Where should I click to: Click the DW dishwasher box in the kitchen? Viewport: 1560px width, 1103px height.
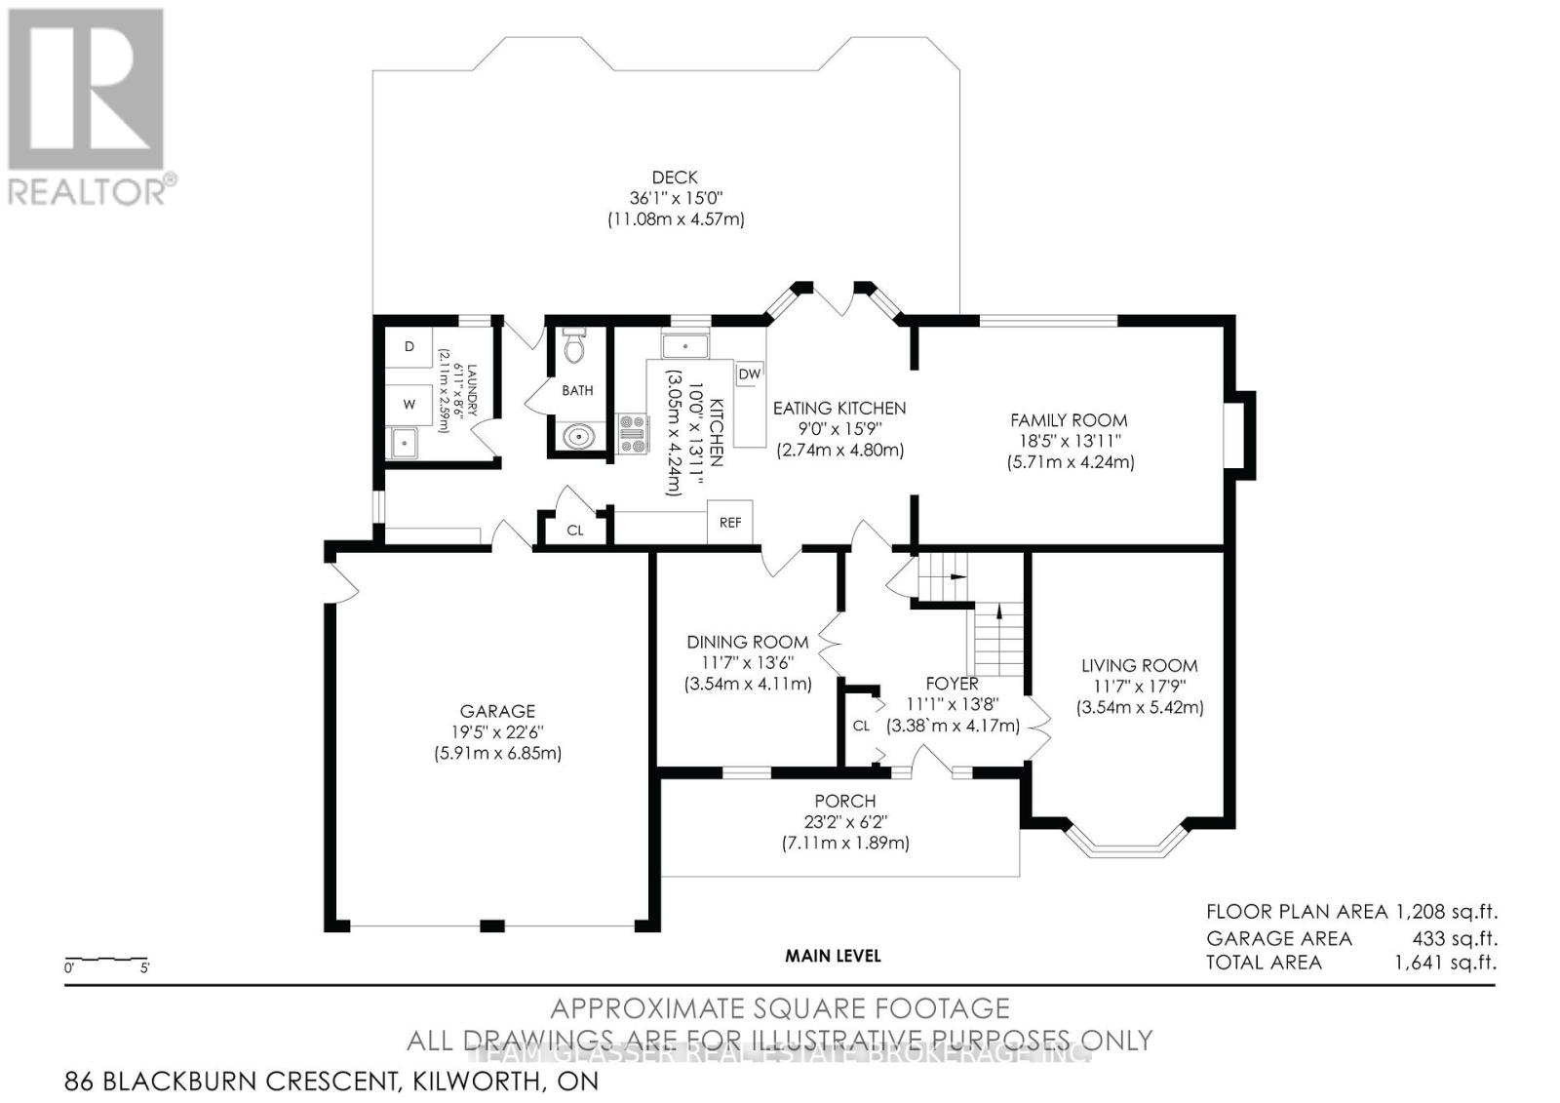749,374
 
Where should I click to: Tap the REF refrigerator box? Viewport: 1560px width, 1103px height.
730,523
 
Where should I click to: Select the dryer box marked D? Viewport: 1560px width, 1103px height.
409,348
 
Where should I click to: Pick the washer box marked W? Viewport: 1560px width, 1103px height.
409,403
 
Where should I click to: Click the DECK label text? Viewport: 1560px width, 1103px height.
675,177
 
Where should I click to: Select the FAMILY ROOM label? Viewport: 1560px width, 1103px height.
1069,420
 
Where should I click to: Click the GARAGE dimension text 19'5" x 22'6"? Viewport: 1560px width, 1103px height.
497,732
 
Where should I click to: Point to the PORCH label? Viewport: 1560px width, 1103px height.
844,801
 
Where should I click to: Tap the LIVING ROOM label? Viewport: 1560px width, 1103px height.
1139,666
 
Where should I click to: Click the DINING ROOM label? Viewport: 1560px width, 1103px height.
747,642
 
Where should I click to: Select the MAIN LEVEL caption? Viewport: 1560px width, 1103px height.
833,956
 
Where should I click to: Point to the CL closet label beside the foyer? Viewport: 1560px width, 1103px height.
861,726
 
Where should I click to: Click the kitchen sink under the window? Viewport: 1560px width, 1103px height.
684,345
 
